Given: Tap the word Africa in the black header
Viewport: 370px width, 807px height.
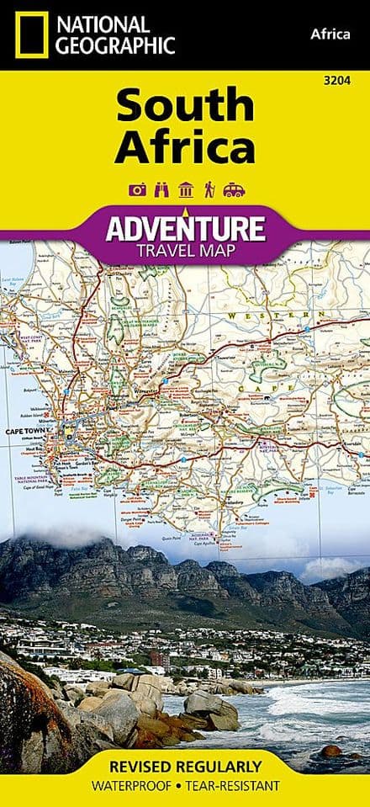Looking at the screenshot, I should coord(330,34).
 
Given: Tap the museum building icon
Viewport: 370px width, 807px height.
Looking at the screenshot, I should coord(184,190).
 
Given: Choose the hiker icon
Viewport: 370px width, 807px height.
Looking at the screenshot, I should coord(208,190).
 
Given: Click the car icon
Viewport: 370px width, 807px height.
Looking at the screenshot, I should coord(233,190).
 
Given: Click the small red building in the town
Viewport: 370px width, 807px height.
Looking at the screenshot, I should coord(156,657).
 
